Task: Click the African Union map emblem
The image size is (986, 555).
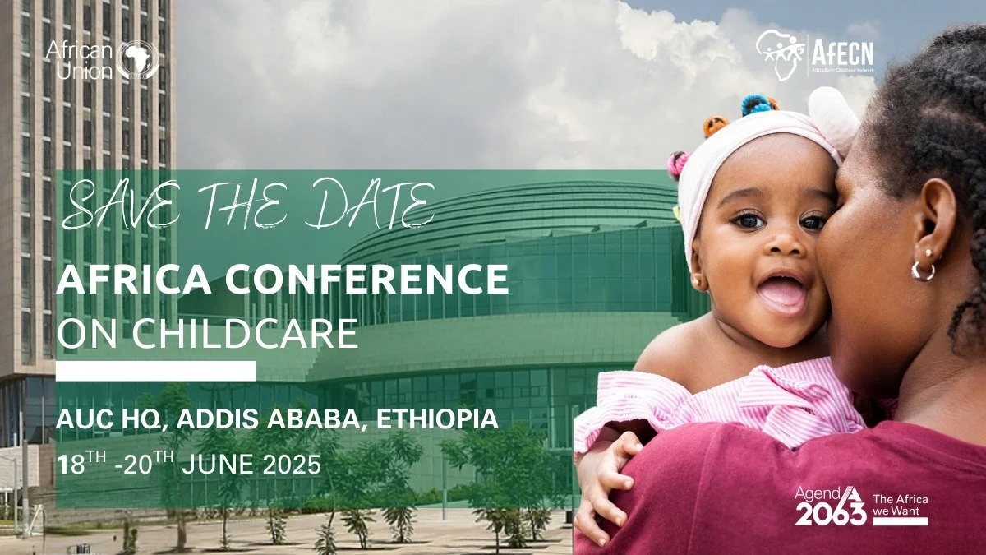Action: click(136, 59)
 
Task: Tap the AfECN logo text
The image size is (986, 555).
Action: click(842, 53)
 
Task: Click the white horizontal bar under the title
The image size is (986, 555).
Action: click(155, 371)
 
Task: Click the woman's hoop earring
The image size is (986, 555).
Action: click(923, 270)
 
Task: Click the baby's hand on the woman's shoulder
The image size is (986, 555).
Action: click(604, 477)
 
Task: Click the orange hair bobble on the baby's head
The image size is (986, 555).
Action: click(715, 125)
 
